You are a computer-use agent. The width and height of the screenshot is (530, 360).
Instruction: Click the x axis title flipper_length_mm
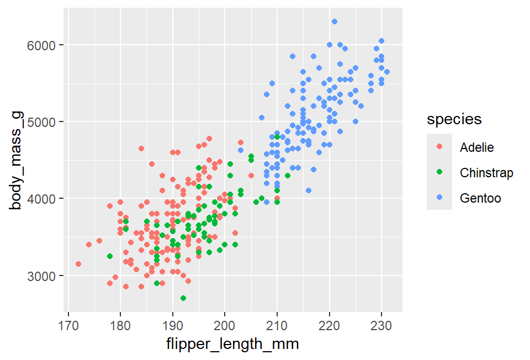(232, 345)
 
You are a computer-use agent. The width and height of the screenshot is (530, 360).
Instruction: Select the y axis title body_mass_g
(17, 160)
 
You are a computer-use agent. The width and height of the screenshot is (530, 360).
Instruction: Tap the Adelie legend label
(476, 147)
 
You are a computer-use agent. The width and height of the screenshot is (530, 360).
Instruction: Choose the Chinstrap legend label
(486, 173)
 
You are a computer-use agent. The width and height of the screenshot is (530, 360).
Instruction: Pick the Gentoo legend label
(480, 198)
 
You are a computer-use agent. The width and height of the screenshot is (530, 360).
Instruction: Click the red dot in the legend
(439, 147)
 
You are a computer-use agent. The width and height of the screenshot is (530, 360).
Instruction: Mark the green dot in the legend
(439, 172)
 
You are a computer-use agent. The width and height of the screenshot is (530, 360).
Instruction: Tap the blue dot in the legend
(439, 197)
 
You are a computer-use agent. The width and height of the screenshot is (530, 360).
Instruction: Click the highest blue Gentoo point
(335, 22)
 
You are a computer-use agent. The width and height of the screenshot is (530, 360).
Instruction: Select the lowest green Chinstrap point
(183, 298)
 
